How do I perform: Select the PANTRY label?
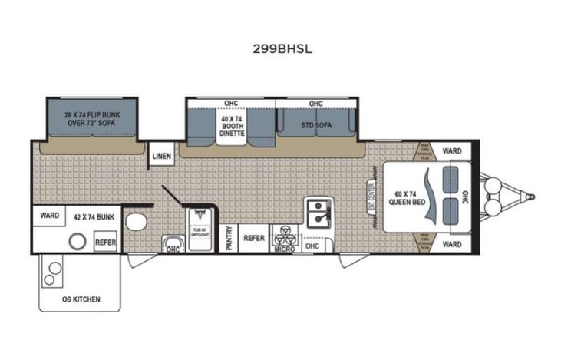click(229, 239)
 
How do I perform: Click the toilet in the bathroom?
click(136, 223)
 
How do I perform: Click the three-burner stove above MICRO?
click(283, 234)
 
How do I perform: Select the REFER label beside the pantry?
click(254, 239)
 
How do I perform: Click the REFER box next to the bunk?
click(105, 242)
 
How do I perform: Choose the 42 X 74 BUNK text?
click(94, 217)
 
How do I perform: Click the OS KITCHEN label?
click(81, 299)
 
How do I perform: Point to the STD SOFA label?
click(315, 126)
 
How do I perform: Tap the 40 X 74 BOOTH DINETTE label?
click(231, 126)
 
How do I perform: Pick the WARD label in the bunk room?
click(50, 216)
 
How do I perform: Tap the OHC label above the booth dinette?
click(230, 103)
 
